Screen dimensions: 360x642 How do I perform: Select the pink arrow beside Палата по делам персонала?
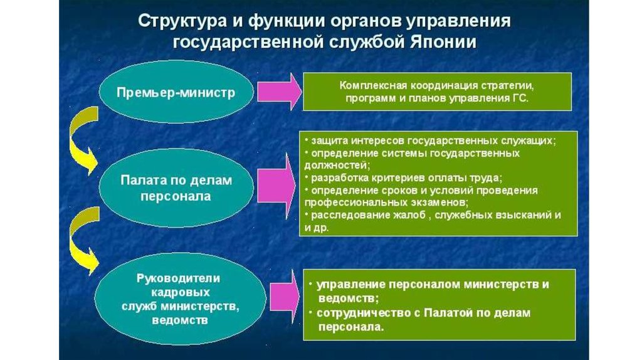276,187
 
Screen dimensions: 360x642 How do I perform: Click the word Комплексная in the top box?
374,85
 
